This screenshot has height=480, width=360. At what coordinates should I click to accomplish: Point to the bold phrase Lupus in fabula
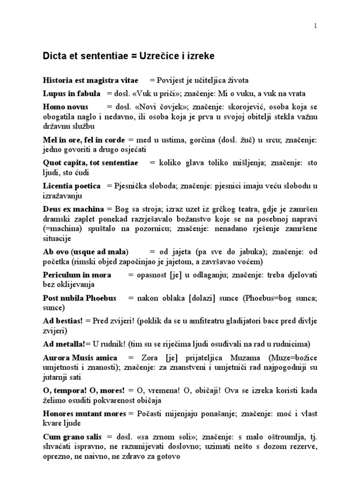pyautogui.click(x=71, y=93)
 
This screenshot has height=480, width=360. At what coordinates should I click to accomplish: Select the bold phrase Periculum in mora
pyautogui.click(x=77, y=275)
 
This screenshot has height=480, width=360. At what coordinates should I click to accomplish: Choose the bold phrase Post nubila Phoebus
pyautogui.click(x=79, y=298)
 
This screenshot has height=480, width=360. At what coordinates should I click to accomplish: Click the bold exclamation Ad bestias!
pyautogui.click(x=62, y=321)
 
